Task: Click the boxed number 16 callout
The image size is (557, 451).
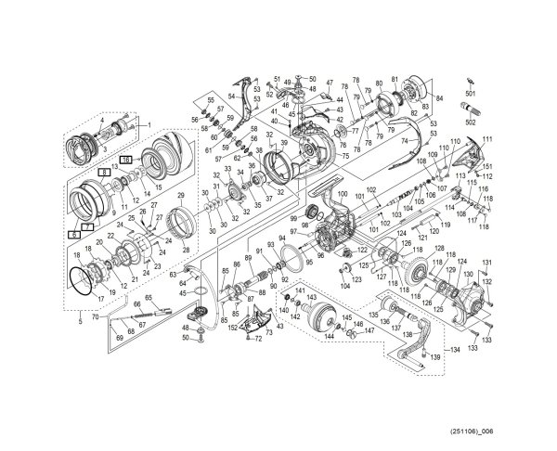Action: point(125,161)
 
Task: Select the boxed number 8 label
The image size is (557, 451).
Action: point(105,173)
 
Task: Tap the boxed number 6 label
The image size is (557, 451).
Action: point(73,236)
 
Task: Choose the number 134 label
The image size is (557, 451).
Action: point(455,351)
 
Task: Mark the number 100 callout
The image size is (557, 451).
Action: point(342,193)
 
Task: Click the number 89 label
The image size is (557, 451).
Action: point(248,245)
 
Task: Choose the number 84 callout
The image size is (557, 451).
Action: point(439,97)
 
